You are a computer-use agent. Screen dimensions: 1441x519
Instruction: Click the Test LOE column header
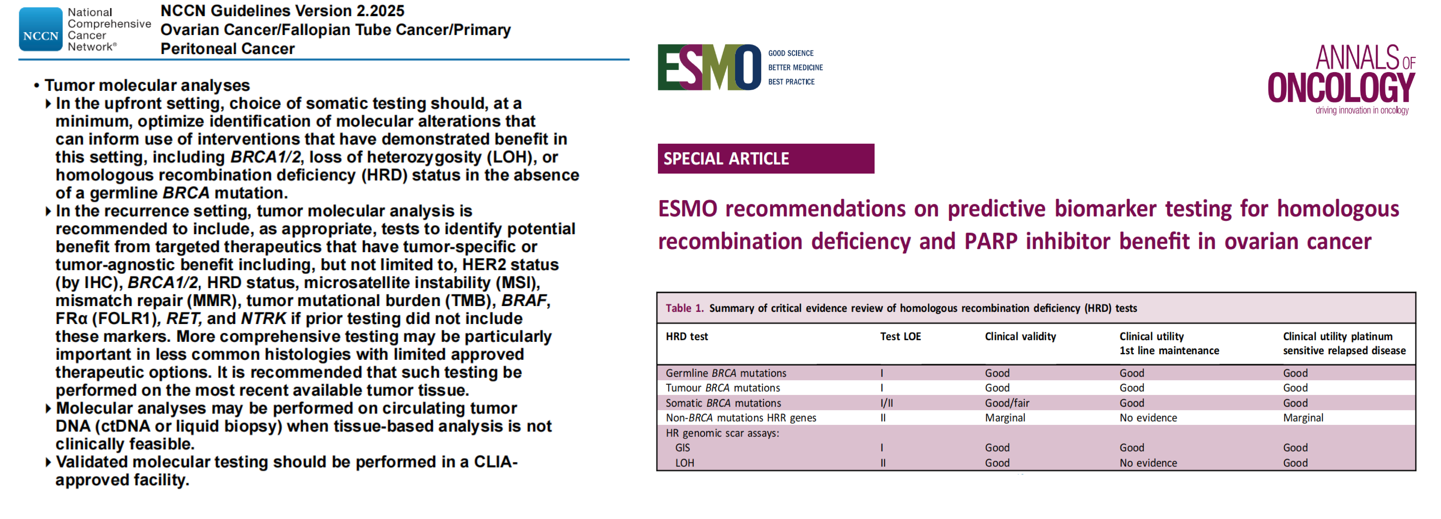click(900, 336)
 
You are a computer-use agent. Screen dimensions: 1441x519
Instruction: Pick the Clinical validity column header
click(1020, 336)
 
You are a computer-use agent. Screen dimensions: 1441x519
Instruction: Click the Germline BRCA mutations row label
click(726, 373)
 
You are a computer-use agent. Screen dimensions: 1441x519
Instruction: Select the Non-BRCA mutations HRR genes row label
click(741, 418)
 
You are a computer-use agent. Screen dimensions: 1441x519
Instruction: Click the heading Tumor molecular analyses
click(147, 85)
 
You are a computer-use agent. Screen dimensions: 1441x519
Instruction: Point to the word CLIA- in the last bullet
click(496, 462)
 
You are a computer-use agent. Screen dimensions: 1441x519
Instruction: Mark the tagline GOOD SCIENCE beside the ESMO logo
click(790, 53)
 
